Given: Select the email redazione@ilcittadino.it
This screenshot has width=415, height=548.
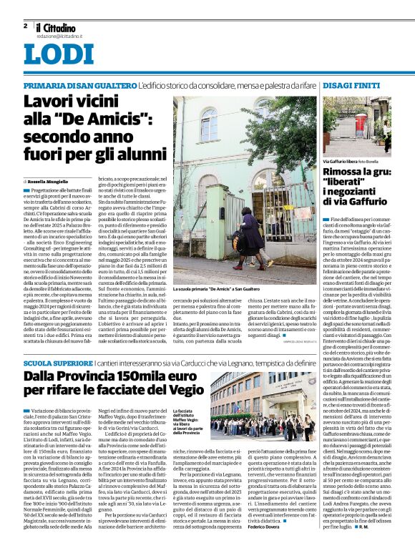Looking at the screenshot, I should click(x=59, y=35).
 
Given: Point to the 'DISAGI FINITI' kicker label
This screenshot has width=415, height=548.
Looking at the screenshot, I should click(x=351, y=85).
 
